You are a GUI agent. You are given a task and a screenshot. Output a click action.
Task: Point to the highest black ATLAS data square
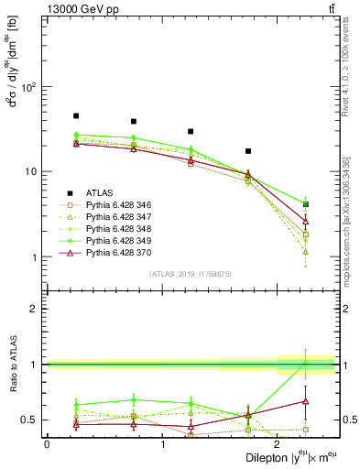pyautogui.click(x=76, y=116)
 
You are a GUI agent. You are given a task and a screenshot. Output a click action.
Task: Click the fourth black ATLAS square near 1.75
pyautogui.click(x=248, y=151)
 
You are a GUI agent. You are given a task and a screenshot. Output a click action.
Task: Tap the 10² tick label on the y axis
pyautogui.click(x=29, y=87)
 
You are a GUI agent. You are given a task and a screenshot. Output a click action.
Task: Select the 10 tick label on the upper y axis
pyautogui.click(x=31, y=172)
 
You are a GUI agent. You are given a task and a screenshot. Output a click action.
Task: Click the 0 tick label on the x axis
pyautogui.click(x=47, y=443)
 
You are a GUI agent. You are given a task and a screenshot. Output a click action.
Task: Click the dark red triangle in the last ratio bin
pyautogui.click(x=306, y=401)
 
